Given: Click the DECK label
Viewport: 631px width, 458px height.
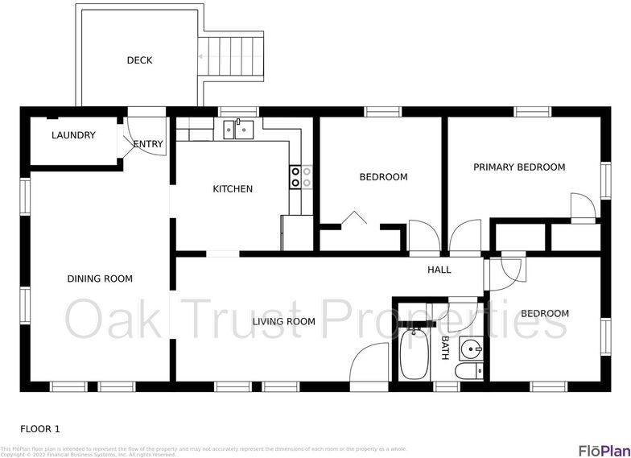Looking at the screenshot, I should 139,60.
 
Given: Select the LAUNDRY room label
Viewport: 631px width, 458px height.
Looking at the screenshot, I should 73,135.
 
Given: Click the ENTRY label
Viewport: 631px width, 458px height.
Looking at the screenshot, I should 148,144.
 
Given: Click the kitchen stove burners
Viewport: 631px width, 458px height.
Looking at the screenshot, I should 301,177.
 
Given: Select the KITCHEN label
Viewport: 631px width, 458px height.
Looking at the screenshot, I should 233,189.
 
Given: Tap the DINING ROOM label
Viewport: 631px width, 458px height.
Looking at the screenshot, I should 100,279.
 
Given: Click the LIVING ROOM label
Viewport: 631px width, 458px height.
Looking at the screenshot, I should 284,321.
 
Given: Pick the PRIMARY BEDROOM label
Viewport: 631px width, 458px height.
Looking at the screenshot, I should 519,167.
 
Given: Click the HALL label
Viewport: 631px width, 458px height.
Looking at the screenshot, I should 439,270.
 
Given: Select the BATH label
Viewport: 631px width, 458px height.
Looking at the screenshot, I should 445,348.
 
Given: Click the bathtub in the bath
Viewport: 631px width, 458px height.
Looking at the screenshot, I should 416,354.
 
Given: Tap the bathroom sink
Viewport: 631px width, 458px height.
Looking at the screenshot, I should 471,349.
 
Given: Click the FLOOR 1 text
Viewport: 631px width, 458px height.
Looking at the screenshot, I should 40,429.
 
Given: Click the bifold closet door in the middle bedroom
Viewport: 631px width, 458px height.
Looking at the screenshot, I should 353,218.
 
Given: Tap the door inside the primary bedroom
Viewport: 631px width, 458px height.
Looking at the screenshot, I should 583,206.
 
